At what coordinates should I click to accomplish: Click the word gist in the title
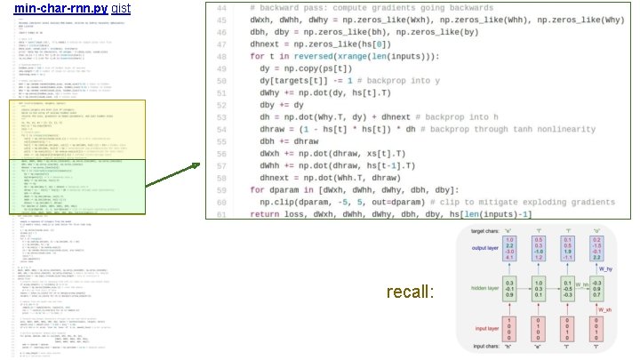[122, 7]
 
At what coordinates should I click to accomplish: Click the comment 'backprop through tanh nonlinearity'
[471, 128]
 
